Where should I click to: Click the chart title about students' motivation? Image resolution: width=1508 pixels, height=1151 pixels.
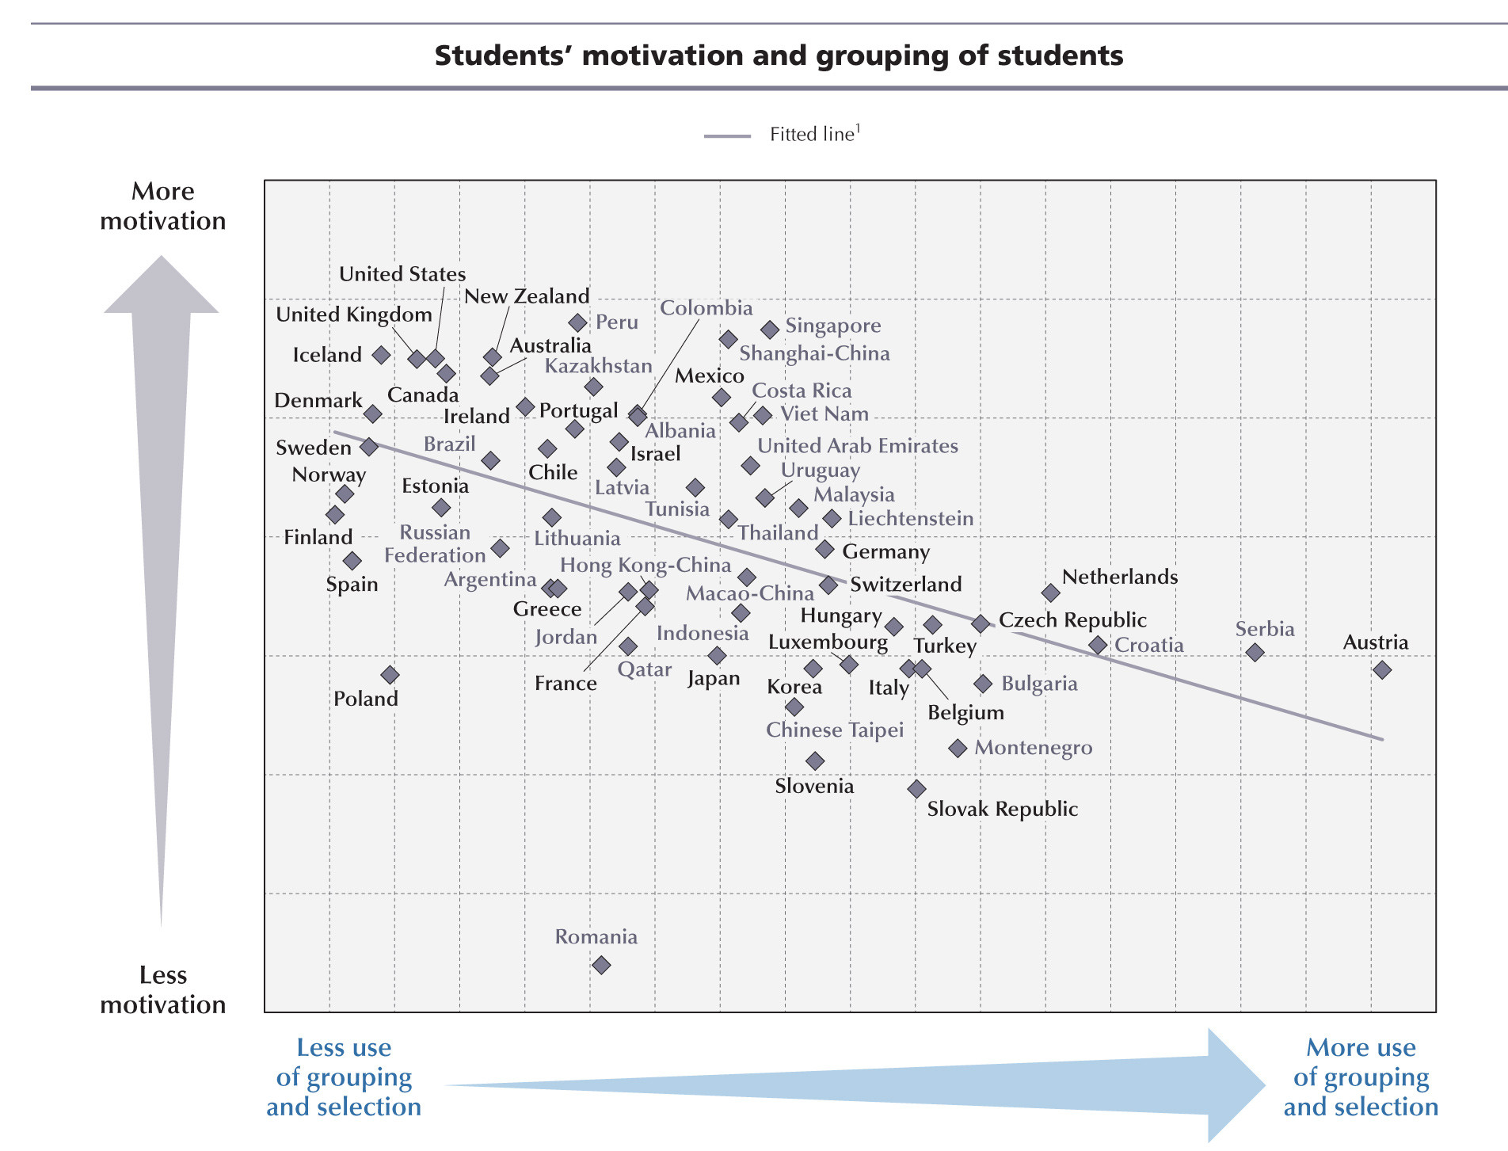779,55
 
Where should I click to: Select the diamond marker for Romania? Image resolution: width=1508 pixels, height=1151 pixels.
601,965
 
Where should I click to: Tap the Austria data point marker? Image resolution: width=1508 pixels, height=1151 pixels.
1382,670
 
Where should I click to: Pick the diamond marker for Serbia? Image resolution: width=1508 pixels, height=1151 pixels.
1255,653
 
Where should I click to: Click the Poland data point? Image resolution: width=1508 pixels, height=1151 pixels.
390,675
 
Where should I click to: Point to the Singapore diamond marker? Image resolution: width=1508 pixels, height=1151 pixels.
770,329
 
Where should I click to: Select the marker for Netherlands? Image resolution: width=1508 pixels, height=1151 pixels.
1051,593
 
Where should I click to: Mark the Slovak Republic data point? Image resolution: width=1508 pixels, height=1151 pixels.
916,789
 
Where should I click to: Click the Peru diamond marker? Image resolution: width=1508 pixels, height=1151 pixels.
578,322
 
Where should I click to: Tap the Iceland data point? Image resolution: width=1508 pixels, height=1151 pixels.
382,355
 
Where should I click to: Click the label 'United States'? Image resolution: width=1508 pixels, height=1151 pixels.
402,274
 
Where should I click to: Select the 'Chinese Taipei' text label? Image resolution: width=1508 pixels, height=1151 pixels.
835,730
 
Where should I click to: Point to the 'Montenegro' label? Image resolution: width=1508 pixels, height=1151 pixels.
1033,748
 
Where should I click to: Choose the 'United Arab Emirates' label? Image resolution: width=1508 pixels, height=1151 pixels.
858,446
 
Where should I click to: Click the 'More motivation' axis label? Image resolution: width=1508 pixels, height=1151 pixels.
163,206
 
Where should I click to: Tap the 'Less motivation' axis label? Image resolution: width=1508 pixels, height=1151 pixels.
163,989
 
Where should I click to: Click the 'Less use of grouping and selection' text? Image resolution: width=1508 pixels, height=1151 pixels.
344,1077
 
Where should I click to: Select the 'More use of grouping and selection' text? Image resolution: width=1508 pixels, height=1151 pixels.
1361,1077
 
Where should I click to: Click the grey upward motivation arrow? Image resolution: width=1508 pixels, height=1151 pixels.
162,555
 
